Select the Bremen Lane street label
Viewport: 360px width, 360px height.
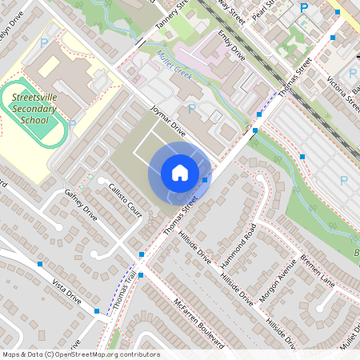tap(317, 271)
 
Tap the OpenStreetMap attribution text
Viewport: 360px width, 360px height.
tap(80, 354)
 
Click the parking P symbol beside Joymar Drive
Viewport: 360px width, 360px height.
tap(192, 107)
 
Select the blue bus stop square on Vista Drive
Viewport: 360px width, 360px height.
tap(39, 263)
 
